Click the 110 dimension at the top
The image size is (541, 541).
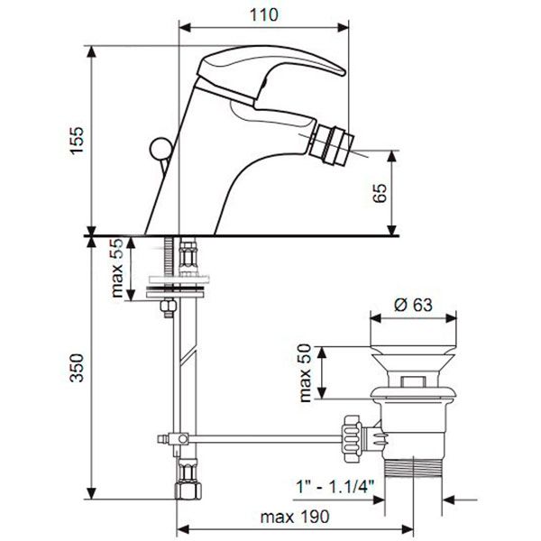[x=262, y=14]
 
